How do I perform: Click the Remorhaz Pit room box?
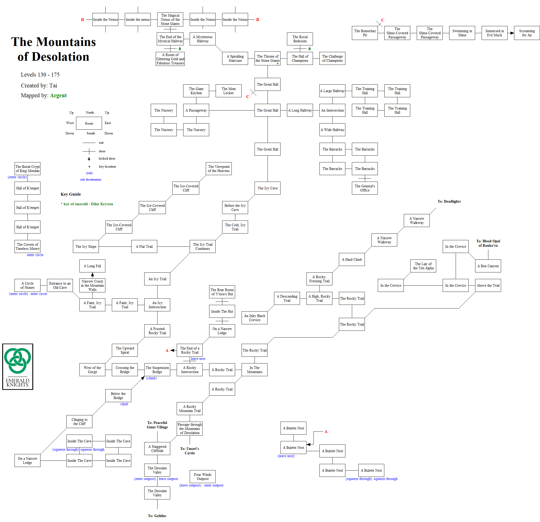(365, 33)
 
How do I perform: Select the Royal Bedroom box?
(300, 39)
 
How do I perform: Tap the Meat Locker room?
(228, 91)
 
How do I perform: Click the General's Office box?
(365, 188)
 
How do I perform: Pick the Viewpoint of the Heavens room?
(219, 169)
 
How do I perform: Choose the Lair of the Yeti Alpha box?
(423, 266)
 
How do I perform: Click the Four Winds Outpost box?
(202, 477)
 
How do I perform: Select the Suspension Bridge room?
(157, 370)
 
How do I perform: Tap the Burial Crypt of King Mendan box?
(28, 169)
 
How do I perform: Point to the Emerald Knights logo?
(18, 366)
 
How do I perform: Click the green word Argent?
(58, 95)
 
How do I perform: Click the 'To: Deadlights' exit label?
(449, 201)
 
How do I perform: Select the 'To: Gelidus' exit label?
(157, 516)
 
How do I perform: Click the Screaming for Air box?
(527, 33)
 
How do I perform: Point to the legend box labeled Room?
(89, 123)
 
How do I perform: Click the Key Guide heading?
(71, 194)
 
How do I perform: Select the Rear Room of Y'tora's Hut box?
(222, 292)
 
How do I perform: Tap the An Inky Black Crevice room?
(254, 318)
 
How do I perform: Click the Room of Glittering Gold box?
(170, 59)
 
